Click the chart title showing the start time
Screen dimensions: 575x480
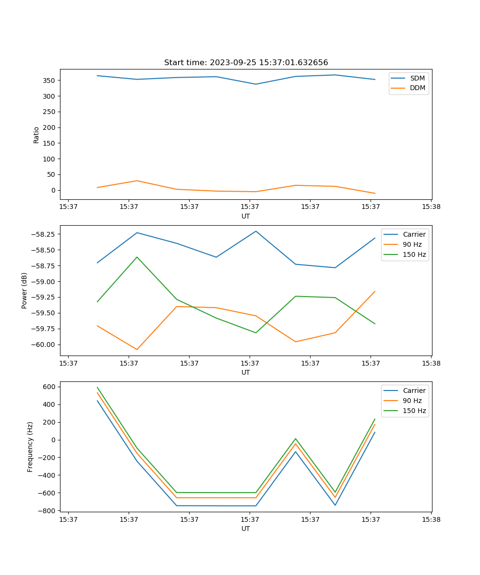[x=246, y=63]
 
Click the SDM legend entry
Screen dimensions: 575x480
[x=417, y=78]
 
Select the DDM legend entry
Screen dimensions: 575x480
[x=417, y=88]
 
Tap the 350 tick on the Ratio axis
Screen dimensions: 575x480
[x=49, y=80]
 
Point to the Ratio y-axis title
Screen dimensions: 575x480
[x=36, y=135]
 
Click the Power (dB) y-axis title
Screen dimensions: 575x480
[x=24, y=290]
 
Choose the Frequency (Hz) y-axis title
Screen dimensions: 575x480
[x=30, y=447]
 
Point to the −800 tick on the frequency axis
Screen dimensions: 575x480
[x=48, y=511]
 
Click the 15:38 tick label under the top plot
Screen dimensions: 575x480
[x=431, y=207]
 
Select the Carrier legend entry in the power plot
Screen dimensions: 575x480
[x=414, y=234]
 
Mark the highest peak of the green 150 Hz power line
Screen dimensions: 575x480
[x=137, y=257]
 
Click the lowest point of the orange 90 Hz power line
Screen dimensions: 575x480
[x=137, y=349]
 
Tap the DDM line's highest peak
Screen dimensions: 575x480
[x=137, y=181]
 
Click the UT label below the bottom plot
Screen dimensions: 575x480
[x=246, y=529]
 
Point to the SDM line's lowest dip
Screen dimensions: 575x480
[x=256, y=84]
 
